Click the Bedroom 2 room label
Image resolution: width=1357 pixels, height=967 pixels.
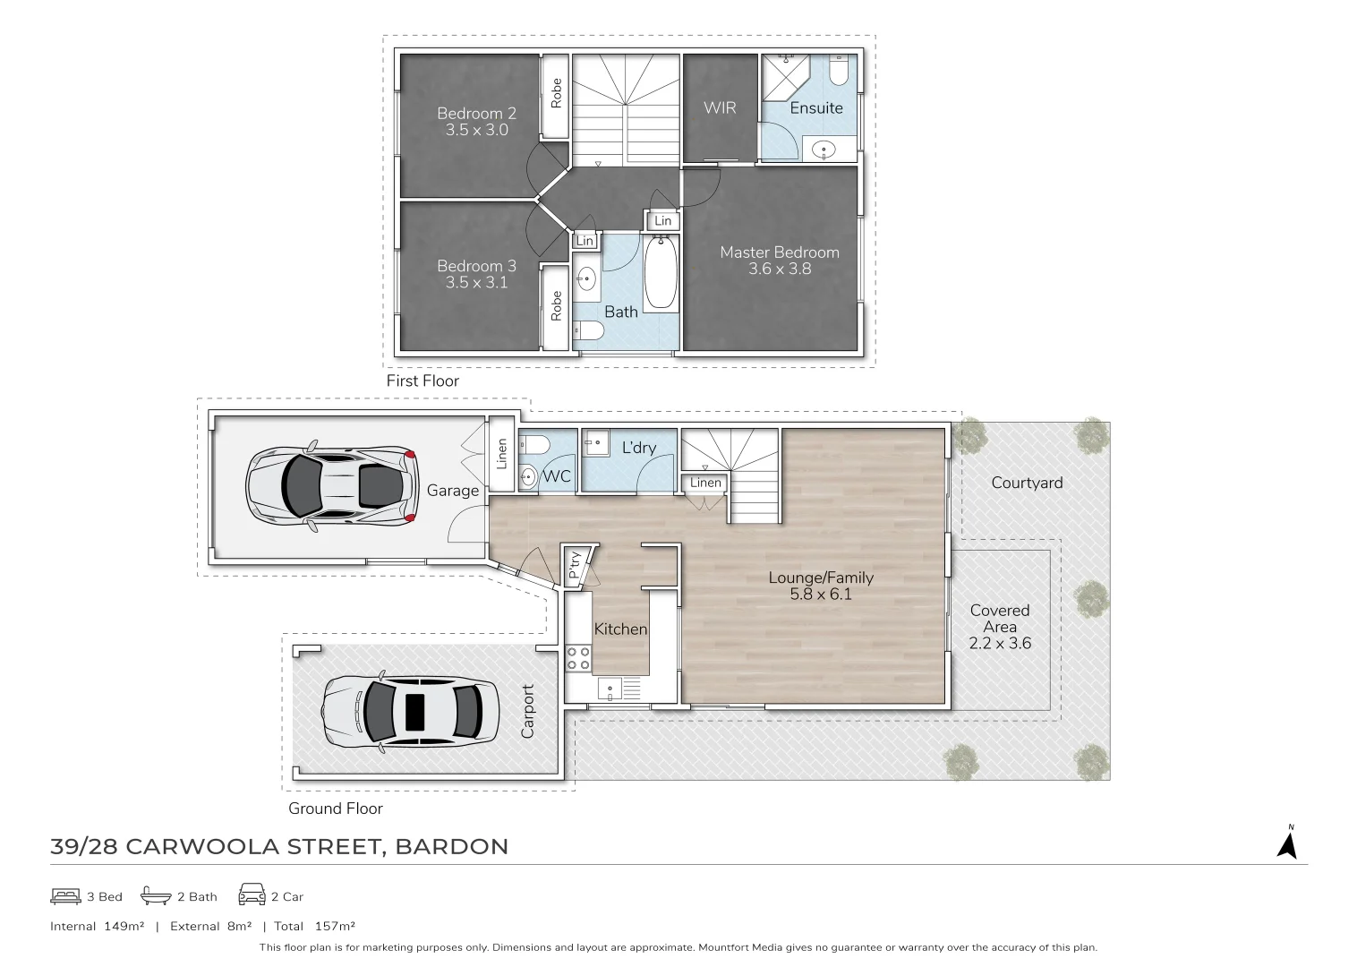click(x=476, y=114)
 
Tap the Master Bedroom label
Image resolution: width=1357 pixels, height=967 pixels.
click(x=780, y=252)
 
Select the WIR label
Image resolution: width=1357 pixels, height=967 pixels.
click(x=720, y=108)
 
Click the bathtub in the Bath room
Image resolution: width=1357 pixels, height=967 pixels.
click(x=660, y=271)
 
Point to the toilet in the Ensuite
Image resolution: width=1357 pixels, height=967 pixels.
click(x=838, y=71)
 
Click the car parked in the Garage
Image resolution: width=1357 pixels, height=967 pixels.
click(x=331, y=486)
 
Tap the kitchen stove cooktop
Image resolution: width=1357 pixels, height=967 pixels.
click(x=578, y=659)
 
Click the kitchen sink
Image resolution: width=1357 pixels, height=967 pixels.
click(x=610, y=689)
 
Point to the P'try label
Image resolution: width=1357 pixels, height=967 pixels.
click(x=574, y=565)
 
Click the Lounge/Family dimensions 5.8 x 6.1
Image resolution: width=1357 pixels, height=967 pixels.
click(x=821, y=594)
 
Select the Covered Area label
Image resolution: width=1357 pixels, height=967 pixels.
click(x=1000, y=619)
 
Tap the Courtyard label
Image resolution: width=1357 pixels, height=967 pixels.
click(x=1027, y=483)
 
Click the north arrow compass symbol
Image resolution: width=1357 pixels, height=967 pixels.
click(x=1287, y=843)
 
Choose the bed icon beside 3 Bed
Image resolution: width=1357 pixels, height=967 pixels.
click(x=65, y=895)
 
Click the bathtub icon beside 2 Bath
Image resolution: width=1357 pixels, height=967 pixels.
click(x=156, y=895)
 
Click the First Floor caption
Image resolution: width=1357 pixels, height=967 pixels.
click(x=422, y=381)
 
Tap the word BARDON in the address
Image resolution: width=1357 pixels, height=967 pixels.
click(x=452, y=846)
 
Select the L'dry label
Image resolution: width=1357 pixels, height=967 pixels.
click(x=639, y=447)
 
